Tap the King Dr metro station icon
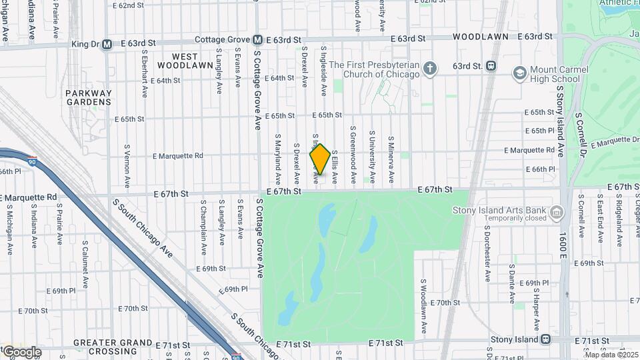[107, 45]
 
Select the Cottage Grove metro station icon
[257, 40]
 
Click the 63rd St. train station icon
[491, 66]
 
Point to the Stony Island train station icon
[546, 339]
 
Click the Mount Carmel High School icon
[519, 72]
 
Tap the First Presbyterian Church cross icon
[431, 67]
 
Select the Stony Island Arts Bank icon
[556, 213]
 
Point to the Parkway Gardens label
[89, 98]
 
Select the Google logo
[21, 351]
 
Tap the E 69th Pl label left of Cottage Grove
[235, 290]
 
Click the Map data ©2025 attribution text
[611, 355]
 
